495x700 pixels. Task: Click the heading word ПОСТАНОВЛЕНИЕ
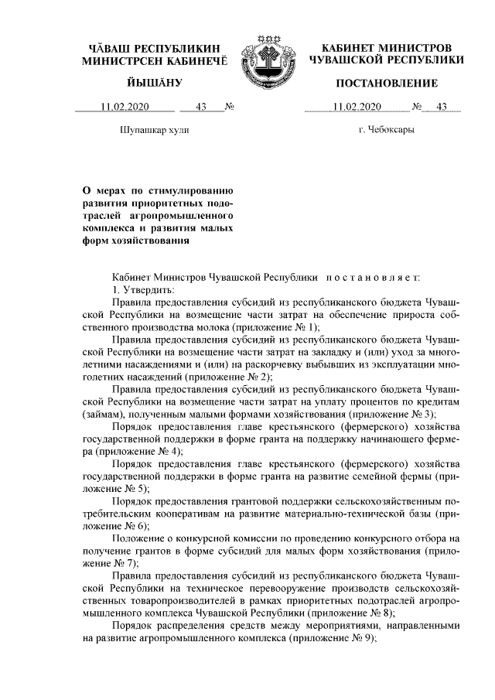pyautogui.click(x=386, y=83)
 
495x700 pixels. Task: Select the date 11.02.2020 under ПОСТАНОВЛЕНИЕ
pyautogui.click(x=353, y=107)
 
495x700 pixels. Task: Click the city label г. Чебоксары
pyautogui.click(x=386, y=129)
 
